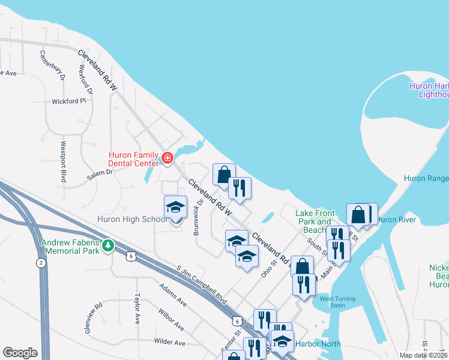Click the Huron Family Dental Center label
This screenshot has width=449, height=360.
(133, 158)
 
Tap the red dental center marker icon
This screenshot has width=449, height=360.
(167, 159)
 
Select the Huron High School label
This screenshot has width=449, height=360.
(132, 220)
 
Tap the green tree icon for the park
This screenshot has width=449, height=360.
(108, 245)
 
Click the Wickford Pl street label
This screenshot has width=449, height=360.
(69, 101)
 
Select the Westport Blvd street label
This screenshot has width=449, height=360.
(63, 161)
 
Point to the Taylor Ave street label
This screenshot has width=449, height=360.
(137, 307)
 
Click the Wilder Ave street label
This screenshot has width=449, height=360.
(169, 343)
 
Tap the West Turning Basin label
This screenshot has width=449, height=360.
(337, 302)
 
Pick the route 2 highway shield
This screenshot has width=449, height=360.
(40, 263)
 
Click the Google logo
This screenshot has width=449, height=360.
(20, 353)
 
